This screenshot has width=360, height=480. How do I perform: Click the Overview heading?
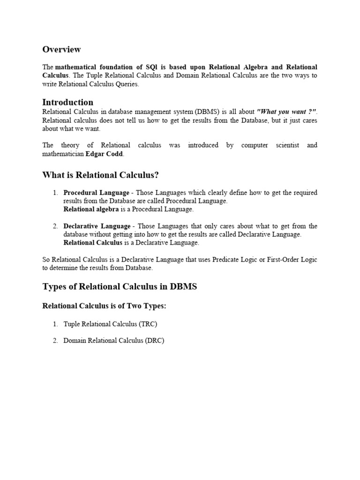pos(61,49)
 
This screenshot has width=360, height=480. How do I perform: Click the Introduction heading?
pos(67,102)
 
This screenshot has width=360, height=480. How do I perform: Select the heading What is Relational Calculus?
pos(101,175)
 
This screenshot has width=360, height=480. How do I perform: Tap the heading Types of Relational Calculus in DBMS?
pos(120,286)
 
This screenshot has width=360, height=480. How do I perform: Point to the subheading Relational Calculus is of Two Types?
pos(105,306)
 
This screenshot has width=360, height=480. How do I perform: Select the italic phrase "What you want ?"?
pos(287,112)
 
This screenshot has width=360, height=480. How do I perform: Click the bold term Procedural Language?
pos(96,193)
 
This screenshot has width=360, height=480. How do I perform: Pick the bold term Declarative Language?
pos(97,226)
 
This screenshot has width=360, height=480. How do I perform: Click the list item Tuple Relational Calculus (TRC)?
pos(113,324)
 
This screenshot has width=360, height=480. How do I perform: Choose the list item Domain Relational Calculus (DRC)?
pos(114,341)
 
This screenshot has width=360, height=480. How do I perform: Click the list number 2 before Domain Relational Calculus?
pos(55,341)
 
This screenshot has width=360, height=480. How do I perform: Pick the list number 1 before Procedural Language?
pos(55,193)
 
